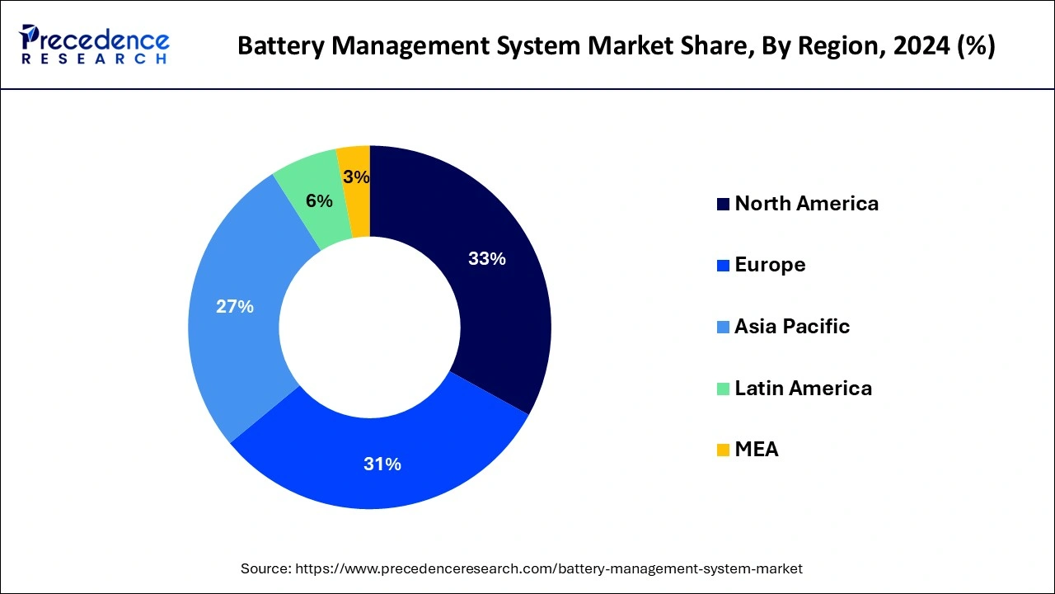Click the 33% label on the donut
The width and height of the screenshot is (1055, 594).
pos(486,259)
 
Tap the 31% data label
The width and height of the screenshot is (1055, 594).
pos(382,464)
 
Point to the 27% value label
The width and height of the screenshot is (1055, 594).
pos(234,307)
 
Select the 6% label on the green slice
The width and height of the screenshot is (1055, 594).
pos(319,201)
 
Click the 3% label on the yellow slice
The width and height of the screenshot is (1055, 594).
pos(356,177)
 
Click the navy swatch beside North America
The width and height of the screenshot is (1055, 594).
pos(723,205)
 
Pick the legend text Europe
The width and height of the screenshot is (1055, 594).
pos(770,265)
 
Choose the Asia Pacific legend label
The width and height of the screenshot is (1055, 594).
pos(791,326)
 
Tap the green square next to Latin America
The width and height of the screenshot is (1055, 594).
pos(723,389)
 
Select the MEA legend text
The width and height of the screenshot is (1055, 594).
pos(756,449)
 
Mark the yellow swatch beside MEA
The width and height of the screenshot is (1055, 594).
pos(723,450)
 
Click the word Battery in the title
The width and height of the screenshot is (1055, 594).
pos(271,46)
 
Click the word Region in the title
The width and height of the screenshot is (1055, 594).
pos(836,46)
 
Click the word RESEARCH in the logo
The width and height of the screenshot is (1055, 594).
pos(95,59)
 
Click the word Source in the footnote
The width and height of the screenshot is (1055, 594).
pos(263,568)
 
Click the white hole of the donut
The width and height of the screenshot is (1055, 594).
pos(369,327)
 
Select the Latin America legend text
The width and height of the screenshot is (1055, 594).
pos(803,388)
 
